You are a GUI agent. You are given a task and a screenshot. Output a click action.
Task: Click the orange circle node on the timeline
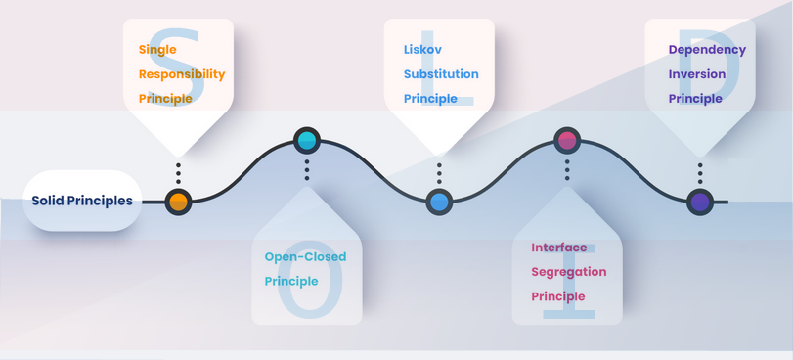pos(179,202)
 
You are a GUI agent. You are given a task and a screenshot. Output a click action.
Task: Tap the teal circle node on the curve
pos(307,140)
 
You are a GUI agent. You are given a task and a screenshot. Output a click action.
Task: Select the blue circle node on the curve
pos(439,202)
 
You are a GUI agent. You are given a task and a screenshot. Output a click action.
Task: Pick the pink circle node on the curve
pos(567,140)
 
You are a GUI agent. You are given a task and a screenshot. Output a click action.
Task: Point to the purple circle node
pos(700,202)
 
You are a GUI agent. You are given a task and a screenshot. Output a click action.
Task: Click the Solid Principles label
pos(82,201)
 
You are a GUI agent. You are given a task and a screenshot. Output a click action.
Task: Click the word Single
pos(157,50)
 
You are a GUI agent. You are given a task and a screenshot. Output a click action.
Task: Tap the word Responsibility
pos(182,74)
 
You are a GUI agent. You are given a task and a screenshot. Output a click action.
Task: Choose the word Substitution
pos(441,74)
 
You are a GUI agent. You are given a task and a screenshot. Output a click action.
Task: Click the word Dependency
pos(708,50)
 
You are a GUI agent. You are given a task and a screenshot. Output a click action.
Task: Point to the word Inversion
pos(697,74)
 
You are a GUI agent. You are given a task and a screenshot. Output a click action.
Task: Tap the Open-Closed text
pos(305,257)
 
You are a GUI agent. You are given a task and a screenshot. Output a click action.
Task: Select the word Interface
pos(559,247)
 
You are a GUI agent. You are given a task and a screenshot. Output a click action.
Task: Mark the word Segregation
pos(569,272)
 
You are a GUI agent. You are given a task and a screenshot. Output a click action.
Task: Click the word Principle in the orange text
pos(165,99)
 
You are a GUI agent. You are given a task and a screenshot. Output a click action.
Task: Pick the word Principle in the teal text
pos(291,282)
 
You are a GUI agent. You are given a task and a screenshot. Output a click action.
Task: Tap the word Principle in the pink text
pos(557,296)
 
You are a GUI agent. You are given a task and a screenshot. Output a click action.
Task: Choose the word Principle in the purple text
pos(695,99)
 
